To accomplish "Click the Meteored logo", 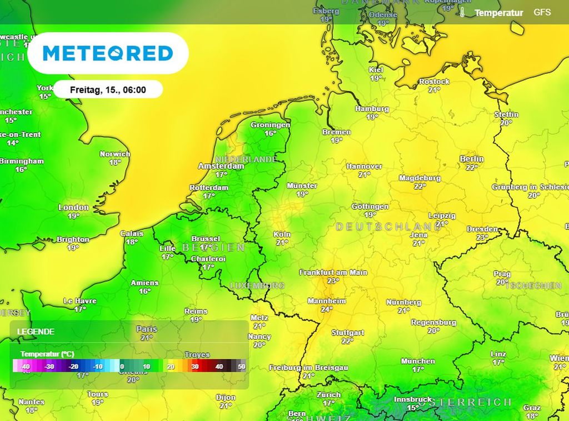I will coord(108,53).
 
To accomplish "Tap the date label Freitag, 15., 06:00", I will coord(108,89).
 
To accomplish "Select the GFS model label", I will coord(542,12).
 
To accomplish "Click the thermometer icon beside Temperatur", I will coord(462,12).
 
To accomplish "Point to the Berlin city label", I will coord(472,159).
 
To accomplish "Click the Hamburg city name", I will coord(372,109).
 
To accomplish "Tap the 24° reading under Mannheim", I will coord(327,309).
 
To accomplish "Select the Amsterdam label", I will coord(221,166).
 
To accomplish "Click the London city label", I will coord(73,208).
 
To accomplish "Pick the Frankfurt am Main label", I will coord(333,273).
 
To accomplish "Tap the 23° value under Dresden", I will coord(482,237).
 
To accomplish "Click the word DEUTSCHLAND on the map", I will coord(388,227).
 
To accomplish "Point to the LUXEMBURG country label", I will coord(257,285).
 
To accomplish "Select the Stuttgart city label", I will coord(347,333).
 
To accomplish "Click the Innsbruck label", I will coord(413,399).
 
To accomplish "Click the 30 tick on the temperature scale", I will coord(195,367).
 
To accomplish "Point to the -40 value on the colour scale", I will coord(25,367).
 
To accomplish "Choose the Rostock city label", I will coord(434,82).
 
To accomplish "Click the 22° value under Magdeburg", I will coord(420,187).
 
